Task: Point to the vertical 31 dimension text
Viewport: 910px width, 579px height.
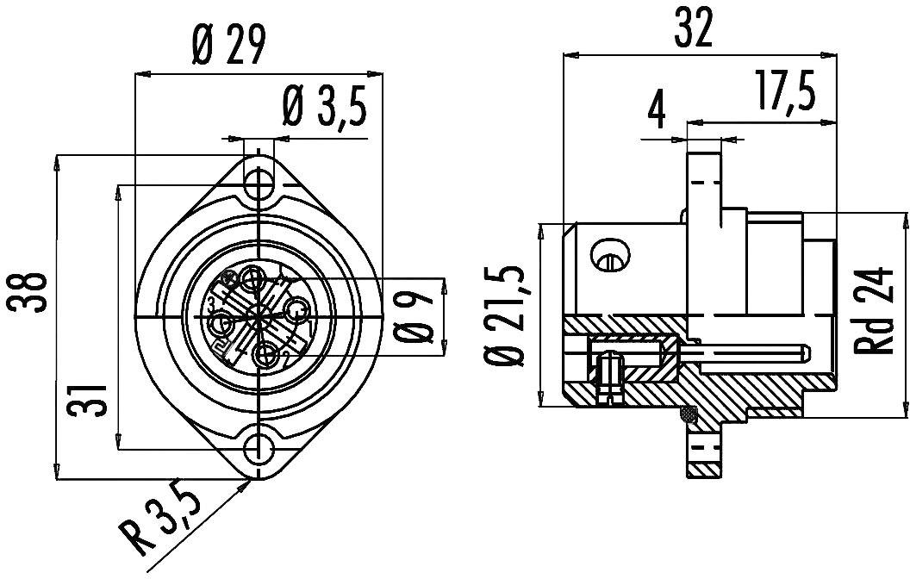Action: (x=91, y=400)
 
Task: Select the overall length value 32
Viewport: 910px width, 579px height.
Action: (x=695, y=30)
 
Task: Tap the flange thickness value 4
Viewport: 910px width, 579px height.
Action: (x=658, y=110)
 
